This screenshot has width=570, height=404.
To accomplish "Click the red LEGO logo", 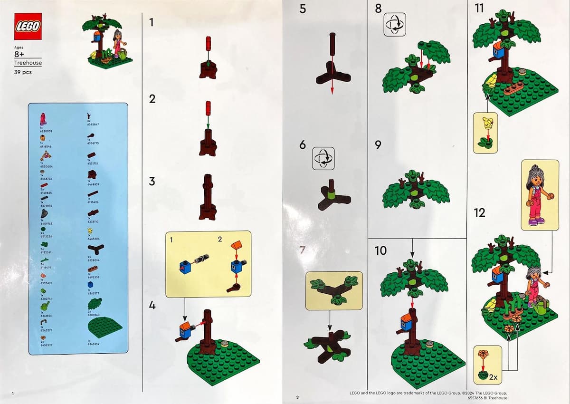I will click(28, 26).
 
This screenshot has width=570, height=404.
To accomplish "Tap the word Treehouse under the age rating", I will click(28, 63).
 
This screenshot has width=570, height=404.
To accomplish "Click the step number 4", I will click(152, 305).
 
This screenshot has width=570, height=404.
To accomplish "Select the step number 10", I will click(380, 250).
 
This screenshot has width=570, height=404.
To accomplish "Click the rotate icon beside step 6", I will click(323, 158).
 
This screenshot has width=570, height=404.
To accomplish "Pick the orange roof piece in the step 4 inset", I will click(235, 246).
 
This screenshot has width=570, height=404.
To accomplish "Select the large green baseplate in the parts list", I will click(105, 327).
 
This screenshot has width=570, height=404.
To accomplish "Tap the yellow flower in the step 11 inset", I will click(485, 125).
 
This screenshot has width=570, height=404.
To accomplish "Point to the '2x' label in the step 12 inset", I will click(494, 378).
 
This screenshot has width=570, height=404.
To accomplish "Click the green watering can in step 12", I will click(542, 308).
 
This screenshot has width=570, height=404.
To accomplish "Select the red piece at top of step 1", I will click(208, 44).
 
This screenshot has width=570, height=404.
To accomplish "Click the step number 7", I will click(302, 250).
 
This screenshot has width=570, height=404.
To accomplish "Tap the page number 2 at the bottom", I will click(297, 397).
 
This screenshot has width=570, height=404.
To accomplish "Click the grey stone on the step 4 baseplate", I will click(225, 343).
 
